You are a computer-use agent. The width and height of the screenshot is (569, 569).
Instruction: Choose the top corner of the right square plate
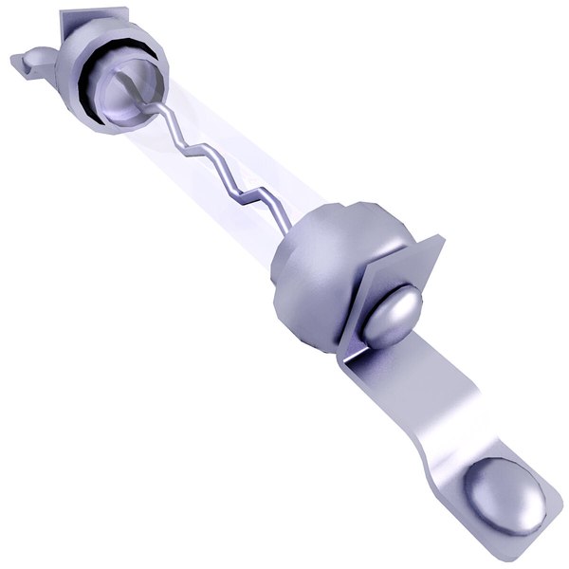[432, 234]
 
